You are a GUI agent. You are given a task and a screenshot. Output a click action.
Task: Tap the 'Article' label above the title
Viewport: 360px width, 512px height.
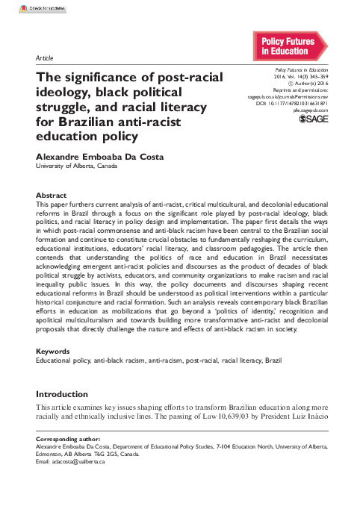pos(43,57)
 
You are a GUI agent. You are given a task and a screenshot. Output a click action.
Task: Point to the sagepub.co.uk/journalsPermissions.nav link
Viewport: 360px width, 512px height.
pos(288,96)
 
